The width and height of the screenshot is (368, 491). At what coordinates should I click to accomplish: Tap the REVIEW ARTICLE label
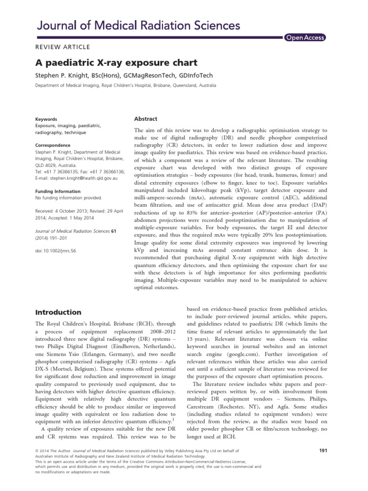[63, 47]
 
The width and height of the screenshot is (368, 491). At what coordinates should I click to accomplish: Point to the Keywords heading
[46, 119]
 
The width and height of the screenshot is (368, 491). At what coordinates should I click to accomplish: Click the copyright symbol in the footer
[38, 451]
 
